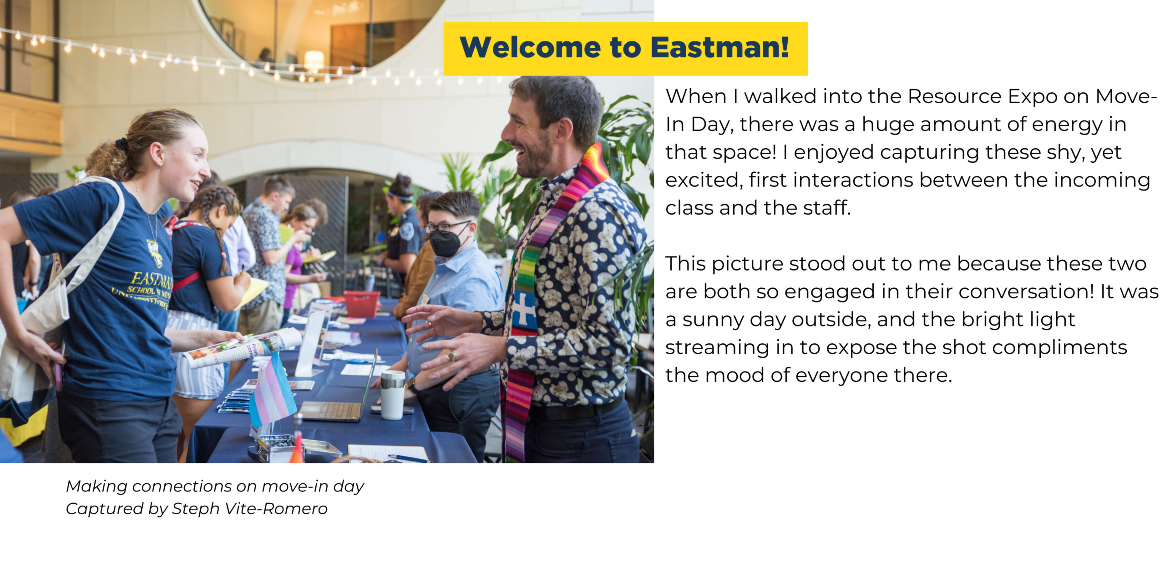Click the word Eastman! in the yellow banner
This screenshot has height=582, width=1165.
coord(719,47)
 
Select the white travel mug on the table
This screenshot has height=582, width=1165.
coord(392,395)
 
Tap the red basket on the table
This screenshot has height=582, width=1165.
coord(362,304)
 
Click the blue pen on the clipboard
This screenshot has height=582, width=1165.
coord(408,458)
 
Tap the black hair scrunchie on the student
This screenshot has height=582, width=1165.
coord(122,145)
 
